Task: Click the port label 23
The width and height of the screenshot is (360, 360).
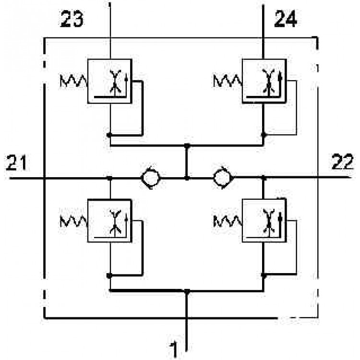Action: [x=72, y=19]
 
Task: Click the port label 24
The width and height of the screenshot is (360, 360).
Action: [x=286, y=19]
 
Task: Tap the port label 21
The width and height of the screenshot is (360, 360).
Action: [x=16, y=163]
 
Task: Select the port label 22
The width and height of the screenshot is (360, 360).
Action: [x=342, y=162]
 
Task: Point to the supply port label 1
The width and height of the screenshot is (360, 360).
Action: [x=174, y=349]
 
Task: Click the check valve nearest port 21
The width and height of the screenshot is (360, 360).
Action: [x=150, y=178]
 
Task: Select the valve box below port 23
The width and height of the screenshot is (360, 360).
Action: [x=110, y=81]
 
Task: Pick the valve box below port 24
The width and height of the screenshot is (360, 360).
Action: [x=264, y=81]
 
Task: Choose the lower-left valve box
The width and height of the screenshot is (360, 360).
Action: [x=110, y=221]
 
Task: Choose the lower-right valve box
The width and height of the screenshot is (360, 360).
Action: [x=264, y=221]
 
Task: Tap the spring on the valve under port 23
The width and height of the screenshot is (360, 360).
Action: [x=74, y=81]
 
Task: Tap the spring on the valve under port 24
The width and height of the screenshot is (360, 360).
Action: [x=228, y=81]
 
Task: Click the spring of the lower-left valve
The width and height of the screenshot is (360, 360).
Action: [x=74, y=221]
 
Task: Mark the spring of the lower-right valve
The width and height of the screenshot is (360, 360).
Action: [x=228, y=221]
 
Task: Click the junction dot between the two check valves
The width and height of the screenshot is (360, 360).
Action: [x=187, y=178]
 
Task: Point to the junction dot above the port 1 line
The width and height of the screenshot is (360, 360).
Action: [x=187, y=291]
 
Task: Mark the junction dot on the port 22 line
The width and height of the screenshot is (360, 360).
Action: [x=264, y=178]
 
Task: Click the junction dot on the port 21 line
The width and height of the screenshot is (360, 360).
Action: [x=110, y=178]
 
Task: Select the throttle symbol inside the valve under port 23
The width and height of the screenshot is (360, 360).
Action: [x=115, y=82]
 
